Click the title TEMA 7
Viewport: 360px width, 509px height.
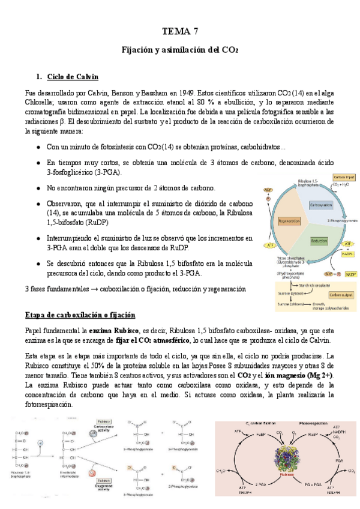click(x=180, y=31)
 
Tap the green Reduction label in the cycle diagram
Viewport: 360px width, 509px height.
click(x=318, y=240)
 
